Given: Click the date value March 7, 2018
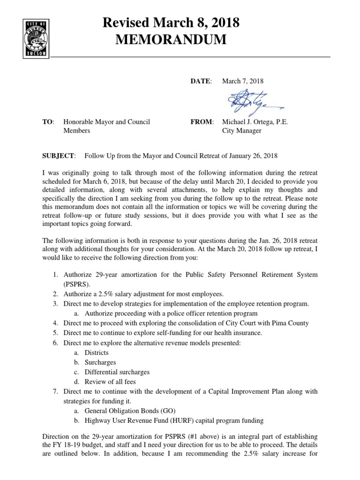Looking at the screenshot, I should (x=243, y=81).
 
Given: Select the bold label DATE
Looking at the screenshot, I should (x=200, y=81).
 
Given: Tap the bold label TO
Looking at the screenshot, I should (x=48, y=122).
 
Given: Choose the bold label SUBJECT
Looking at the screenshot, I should (x=58, y=156).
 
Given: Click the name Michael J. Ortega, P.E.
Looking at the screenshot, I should (x=255, y=122).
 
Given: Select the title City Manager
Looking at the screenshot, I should (x=241, y=131).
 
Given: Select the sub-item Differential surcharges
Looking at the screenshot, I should (x=117, y=372).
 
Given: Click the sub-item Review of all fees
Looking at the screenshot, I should (x=111, y=382).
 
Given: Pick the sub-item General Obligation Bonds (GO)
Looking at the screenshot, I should (x=130, y=411).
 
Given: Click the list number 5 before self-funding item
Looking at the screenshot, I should (x=55, y=333).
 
